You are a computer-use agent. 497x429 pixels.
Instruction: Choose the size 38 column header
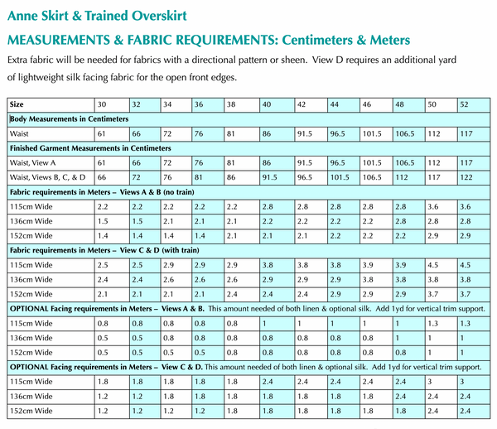(x=233, y=104)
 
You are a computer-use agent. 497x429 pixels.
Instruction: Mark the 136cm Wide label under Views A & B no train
(x=31, y=220)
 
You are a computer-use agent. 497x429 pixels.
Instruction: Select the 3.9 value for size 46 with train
(x=369, y=264)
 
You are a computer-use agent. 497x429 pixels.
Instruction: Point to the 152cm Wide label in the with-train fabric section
(x=31, y=293)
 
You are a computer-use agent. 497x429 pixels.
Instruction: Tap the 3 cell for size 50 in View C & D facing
(x=430, y=381)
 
